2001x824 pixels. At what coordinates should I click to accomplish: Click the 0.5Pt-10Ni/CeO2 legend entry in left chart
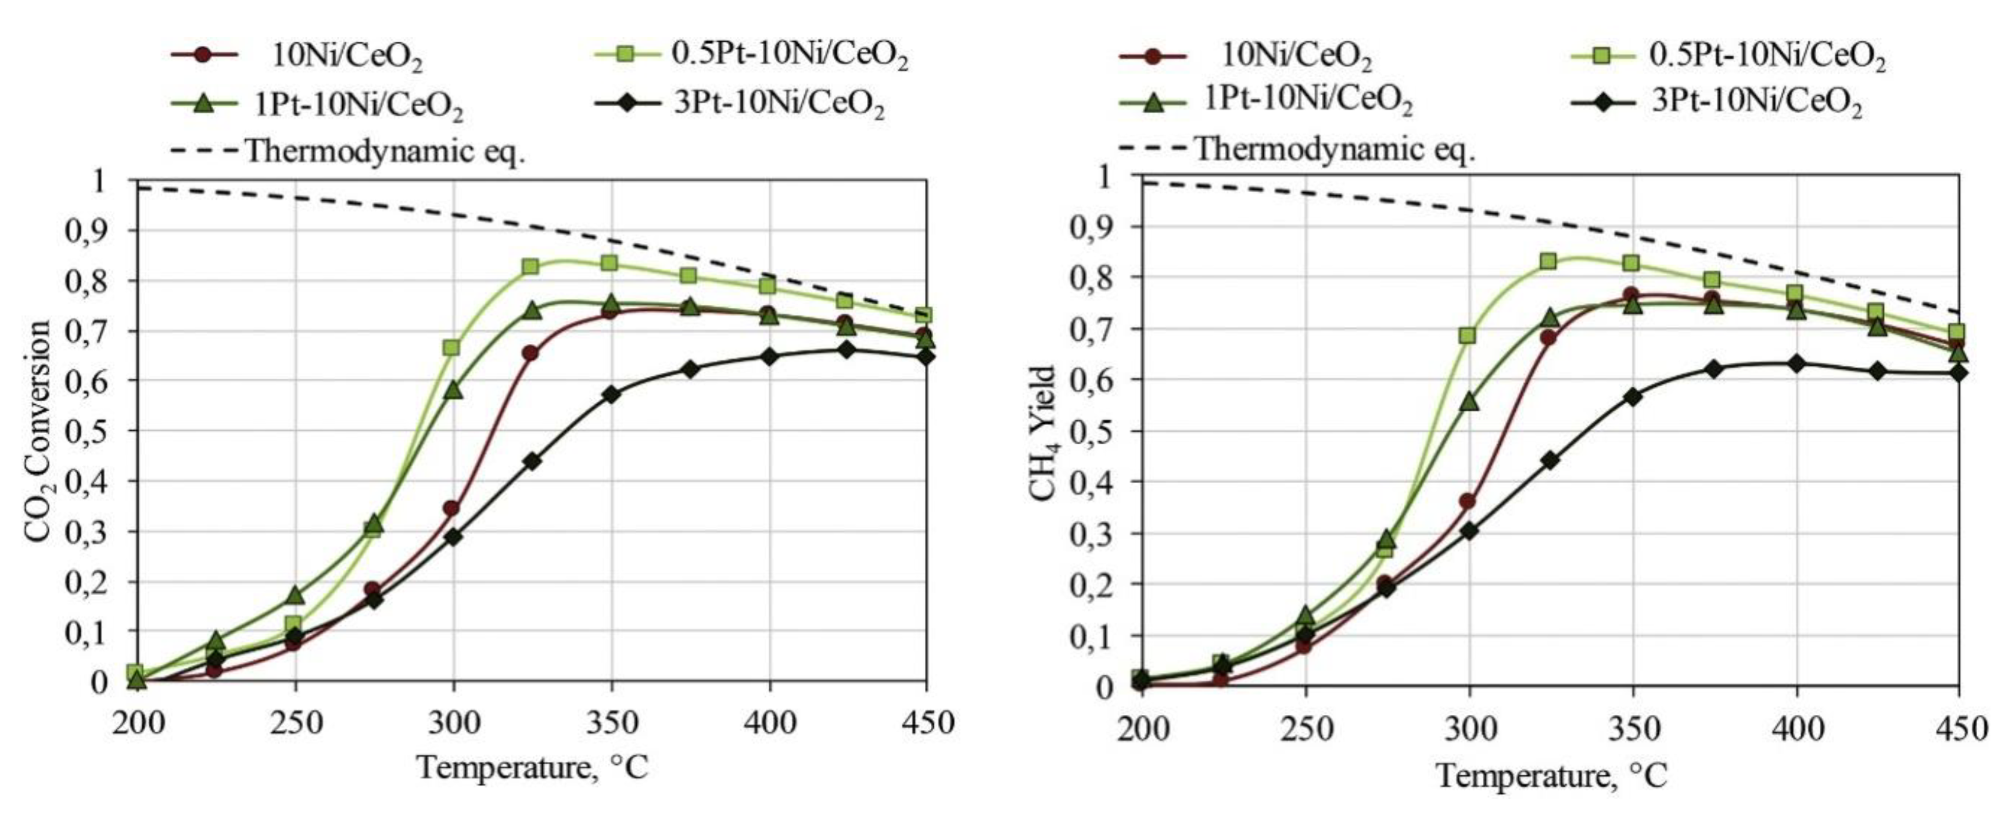pos(788,55)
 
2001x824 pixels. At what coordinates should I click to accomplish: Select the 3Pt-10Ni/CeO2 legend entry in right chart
pos(1756,103)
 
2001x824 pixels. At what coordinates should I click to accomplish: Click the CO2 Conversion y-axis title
pos(39,431)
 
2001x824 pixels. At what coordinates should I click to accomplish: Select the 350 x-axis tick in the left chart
pos(611,724)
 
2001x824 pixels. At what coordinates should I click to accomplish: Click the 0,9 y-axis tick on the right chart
pos(1093,228)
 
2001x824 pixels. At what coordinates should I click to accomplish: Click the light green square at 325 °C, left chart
pos(530,267)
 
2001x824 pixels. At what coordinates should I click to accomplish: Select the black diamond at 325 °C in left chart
pos(532,461)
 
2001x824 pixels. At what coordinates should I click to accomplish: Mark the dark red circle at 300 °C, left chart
pos(451,509)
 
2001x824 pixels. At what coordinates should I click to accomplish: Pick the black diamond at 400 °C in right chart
pos(1796,364)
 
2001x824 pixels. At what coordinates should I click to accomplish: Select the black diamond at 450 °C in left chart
pos(925,357)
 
